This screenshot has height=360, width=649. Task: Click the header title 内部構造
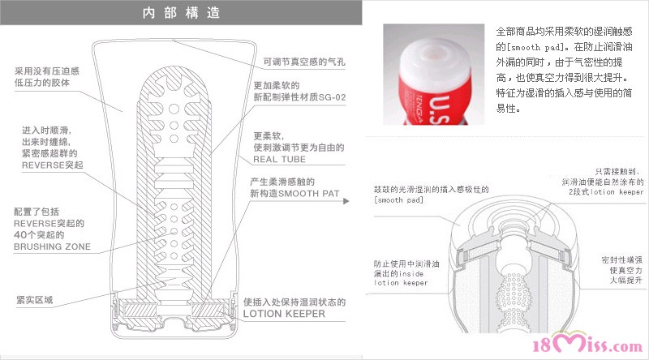(181, 13)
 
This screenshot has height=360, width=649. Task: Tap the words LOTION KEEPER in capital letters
(284, 314)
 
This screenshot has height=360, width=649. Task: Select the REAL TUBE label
(279, 159)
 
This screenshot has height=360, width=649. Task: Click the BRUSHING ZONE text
(52, 246)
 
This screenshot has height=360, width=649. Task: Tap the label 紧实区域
(35, 299)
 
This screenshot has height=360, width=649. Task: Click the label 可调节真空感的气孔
(303, 62)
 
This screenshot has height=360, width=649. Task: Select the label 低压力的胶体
(42, 83)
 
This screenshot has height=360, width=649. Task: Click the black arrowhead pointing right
(346, 201)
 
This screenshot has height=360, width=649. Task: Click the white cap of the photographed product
(435, 58)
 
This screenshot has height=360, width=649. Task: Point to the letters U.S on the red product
(439, 109)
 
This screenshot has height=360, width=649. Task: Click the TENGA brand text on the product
(419, 109)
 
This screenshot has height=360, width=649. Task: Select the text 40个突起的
(39, 235)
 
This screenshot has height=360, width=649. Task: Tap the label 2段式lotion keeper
(606, 192)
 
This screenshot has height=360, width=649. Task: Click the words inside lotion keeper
(400, 278)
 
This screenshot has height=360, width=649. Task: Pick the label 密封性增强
(621, 259)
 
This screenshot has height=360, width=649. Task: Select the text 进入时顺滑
(46, 131)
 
